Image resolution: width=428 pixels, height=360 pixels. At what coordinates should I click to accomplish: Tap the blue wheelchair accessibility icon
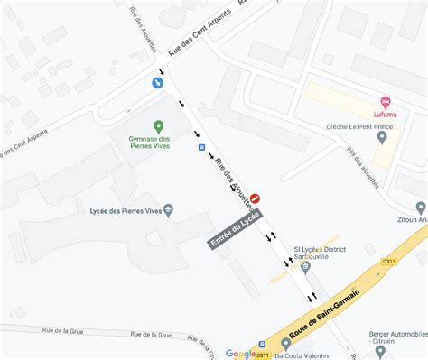[158, 83]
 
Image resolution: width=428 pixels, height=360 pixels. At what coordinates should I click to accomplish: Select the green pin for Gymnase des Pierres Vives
[159, 126]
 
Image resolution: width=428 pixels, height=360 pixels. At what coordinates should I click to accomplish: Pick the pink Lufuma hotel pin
[386, 101]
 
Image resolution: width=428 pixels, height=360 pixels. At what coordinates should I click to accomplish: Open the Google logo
[240, 354]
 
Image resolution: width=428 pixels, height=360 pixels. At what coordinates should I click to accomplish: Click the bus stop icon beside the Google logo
[263, 344]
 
